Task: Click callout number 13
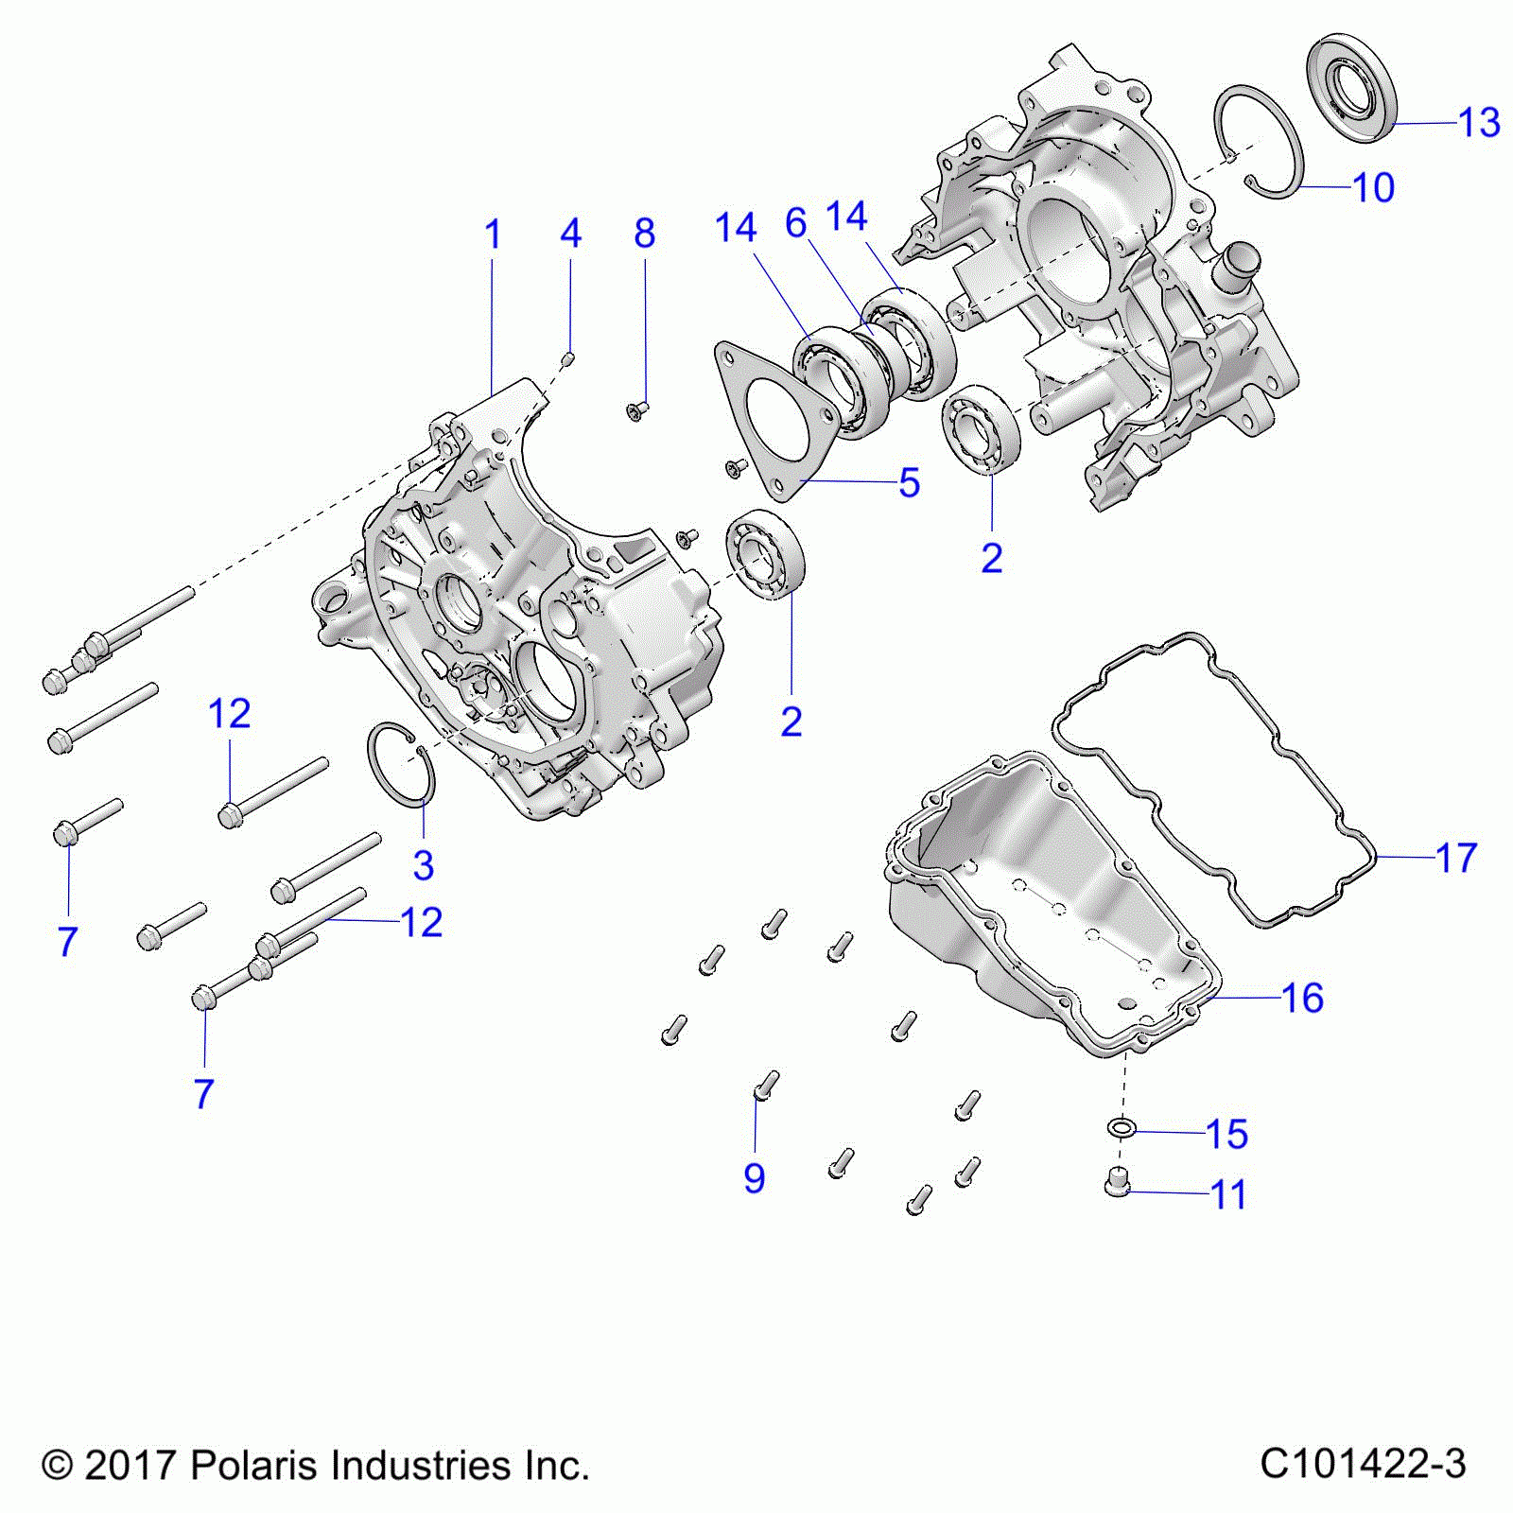(x=1479, y=123)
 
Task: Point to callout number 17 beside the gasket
(x=1456, y=858)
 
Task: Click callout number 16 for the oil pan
(x=1302, y=998)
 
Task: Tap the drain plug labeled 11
(x=1118, y=1182)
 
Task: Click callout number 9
(x=754, y=1178)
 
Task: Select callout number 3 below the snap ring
(x=424, y=865)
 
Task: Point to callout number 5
(x=909, y=482)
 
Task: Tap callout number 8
(x=645, y=234)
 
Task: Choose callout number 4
(x=570, y=234)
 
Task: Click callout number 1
(x=493, y=235)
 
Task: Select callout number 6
(x=796, y=224)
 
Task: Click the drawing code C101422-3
(x=1363, y=1465)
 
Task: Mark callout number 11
(x=1228, y=1195)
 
